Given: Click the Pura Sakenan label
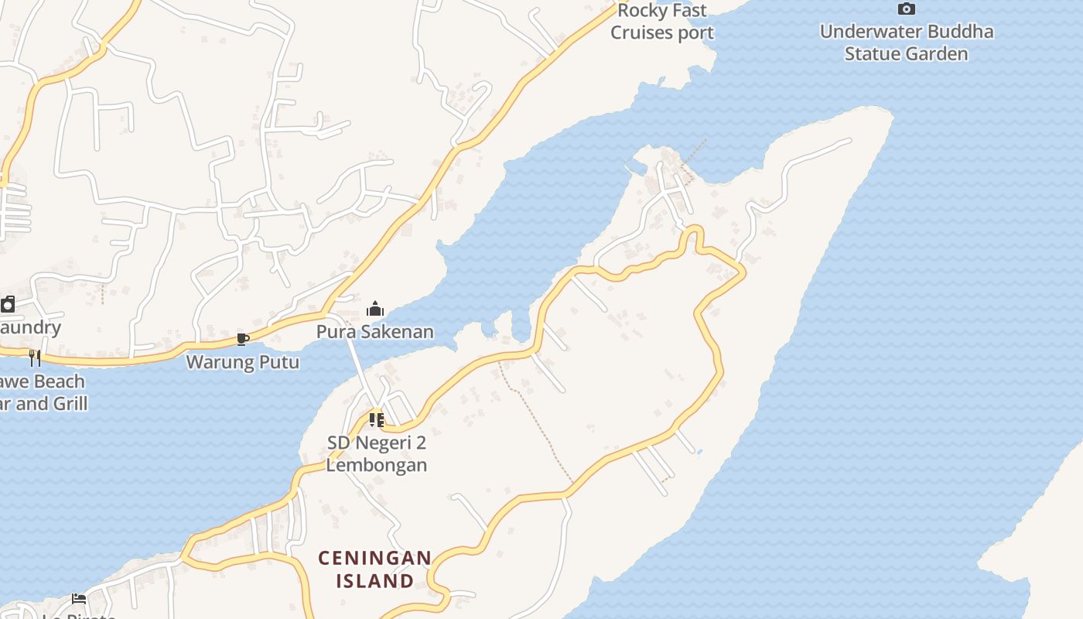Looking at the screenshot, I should tap(375, 332).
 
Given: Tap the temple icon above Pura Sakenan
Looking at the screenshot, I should tap(375, 309).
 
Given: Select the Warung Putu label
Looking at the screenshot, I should tap(243, 361).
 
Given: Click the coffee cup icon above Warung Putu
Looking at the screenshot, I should tap(243, 339).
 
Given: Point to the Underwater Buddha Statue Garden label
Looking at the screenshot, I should tap(906, 43).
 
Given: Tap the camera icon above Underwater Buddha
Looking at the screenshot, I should tap(906, 9).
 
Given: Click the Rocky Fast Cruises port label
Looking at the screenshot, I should tap(662, 22).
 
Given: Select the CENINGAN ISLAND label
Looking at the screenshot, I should tap(375, 569).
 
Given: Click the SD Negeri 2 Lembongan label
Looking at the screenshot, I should tap(377, 454).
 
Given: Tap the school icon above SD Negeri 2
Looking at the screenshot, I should tap(377, 420).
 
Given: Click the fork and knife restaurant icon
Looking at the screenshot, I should tap(35, 357).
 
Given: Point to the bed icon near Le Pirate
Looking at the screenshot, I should tap(79, 598).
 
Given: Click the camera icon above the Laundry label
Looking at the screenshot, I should tap(8, 304).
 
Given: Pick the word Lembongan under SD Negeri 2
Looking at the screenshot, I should tap(377, 465).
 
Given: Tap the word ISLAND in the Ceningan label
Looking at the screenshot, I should tap(375, 580).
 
